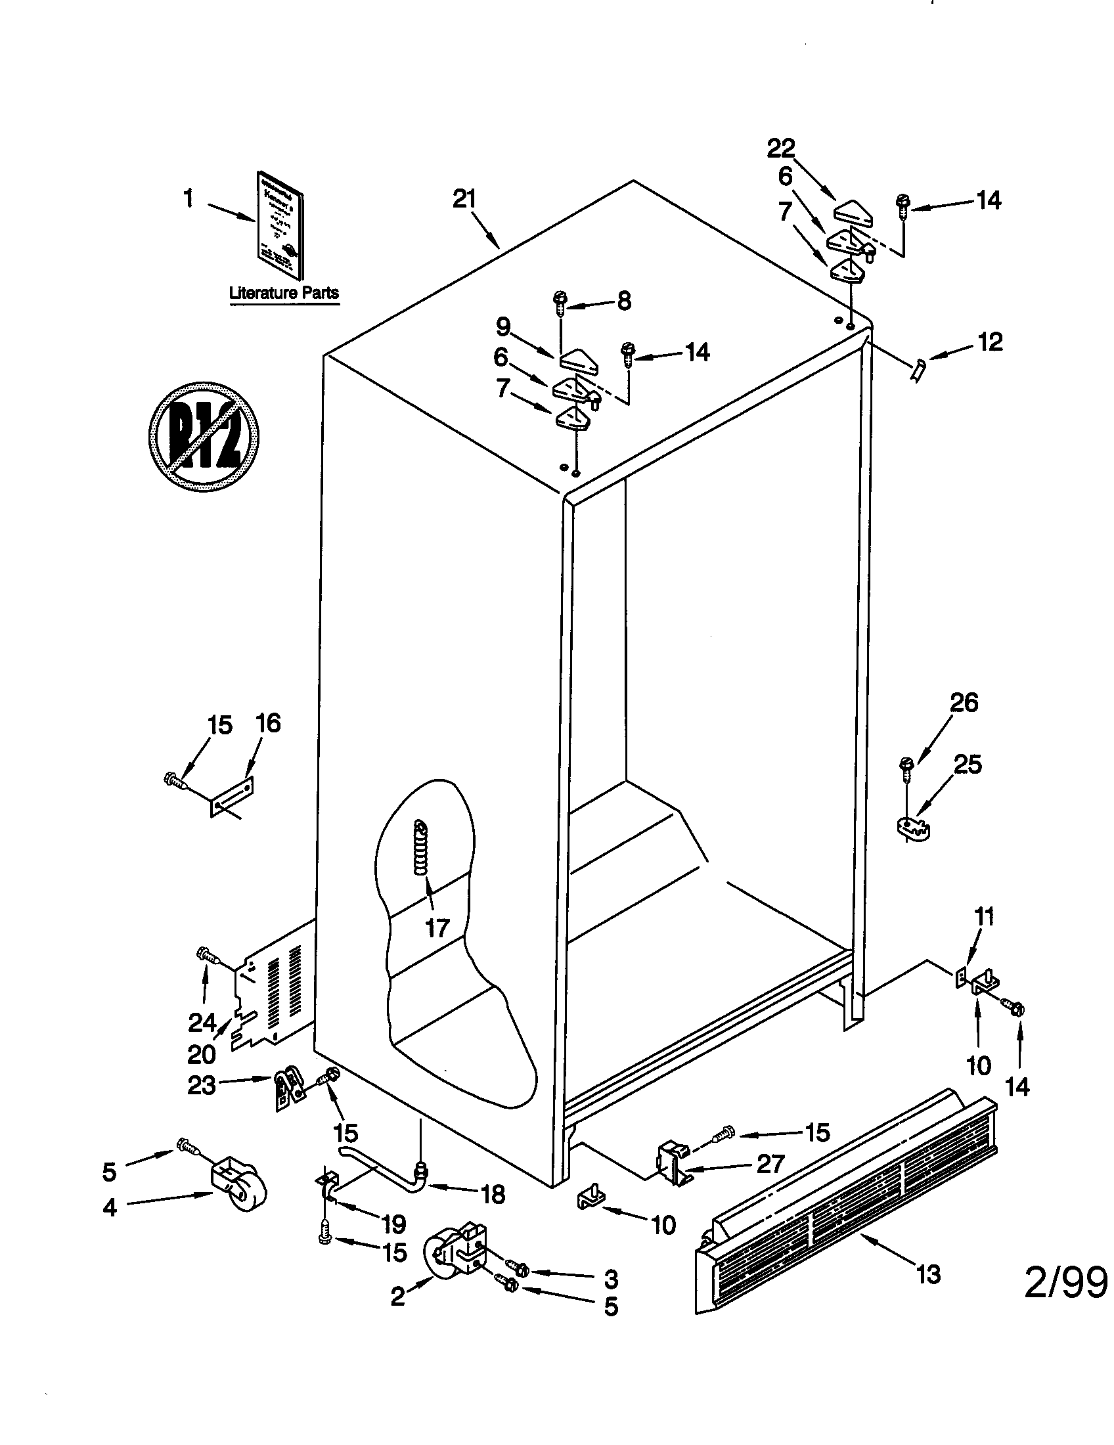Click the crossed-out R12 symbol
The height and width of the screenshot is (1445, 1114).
pyautogui.click(x=203, y=437)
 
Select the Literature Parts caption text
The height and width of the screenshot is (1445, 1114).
pyautogui.click(x=284, y=292)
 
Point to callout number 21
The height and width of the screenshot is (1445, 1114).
pyautogui.click(x=464, y=198)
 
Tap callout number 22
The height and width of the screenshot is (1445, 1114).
pyautogui.click(x=780, y=148)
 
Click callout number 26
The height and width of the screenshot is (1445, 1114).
pyautogui.click(x=963, y=703)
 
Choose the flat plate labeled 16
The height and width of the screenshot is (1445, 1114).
pyautogui.click(x=233, y=797)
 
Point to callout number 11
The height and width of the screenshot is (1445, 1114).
pyautogui.click(x=985, y=918)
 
